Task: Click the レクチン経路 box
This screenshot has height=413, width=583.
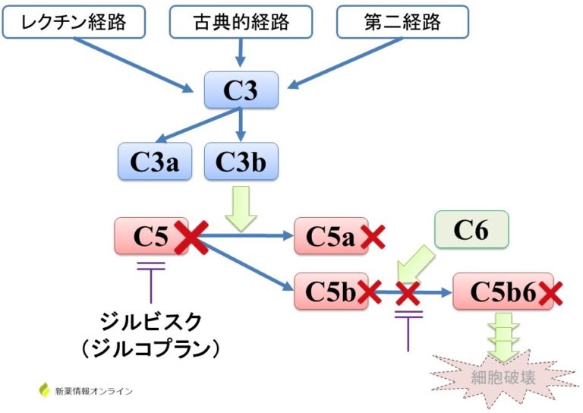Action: [74, 22]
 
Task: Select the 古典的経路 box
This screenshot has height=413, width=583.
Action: [241, 22]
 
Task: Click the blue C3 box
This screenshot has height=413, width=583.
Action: [240, 91]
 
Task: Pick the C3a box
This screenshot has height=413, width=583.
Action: [155, 161]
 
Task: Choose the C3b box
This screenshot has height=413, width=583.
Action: [241, 161]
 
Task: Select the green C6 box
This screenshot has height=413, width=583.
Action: [471, 230]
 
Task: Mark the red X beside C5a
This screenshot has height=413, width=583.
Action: [373, 238]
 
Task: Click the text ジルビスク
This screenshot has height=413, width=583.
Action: [151, 322]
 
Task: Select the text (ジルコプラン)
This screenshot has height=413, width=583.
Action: [151, 348]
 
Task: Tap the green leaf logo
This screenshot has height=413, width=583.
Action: [44, 390]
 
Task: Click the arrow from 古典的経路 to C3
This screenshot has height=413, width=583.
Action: [241, 53]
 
